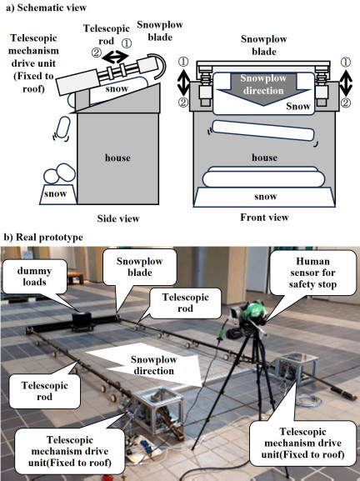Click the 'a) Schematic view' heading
[x=46, y=8]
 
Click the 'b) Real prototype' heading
[x=43, y=237]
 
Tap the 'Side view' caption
[x=118, y=218]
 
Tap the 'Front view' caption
[x=264, y=218]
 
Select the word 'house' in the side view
[x=117, y=158]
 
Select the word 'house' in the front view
[x=265, y=158]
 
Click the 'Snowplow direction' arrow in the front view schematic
[x=263, y=89]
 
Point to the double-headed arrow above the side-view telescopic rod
[x=115, y=57]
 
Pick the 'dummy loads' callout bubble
[x=34, y=277]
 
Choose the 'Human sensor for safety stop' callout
[x=312, y=273]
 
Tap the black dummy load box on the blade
[x=82, y=321]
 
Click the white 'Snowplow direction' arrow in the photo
[x=147, y=365]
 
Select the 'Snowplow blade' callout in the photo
[x=139, y=268]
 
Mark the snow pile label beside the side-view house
[x=56, y=193]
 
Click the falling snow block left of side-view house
[x=62, y=127]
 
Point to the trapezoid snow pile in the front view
[x=265, y=197]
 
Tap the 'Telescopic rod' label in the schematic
[x=107, y=35]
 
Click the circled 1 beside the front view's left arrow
[x=183, y=62]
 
